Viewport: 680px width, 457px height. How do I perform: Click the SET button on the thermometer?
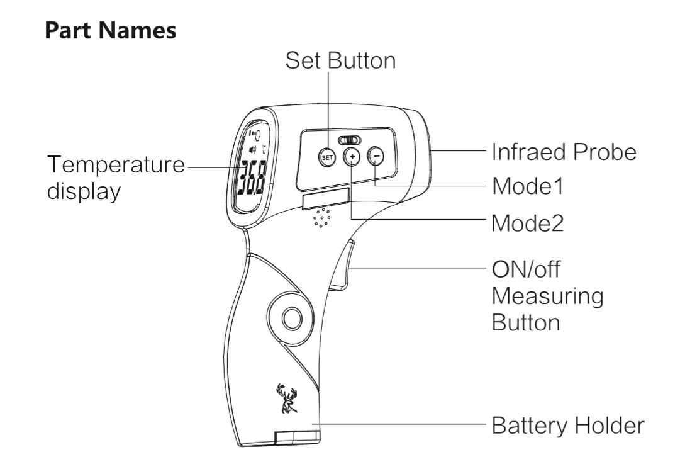pos(327,157)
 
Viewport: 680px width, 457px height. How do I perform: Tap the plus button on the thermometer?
pos(352,156)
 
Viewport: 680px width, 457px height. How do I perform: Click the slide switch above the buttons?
pos(350,140)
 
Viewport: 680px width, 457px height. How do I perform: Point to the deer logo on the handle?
pos(286,398)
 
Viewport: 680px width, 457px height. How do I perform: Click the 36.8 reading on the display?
pos(249,179)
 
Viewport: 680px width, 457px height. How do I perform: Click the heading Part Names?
pos(111,30)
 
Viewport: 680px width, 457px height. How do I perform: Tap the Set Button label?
pos(340,60)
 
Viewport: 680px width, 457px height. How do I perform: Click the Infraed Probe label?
pos(564,152)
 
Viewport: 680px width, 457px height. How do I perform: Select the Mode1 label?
pos(528,186)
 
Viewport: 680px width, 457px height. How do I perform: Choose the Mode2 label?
pos(528,223)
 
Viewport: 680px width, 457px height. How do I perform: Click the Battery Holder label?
pos(568,426)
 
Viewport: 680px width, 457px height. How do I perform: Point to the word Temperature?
pos(116,165)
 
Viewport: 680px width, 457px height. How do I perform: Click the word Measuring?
pos(548,297)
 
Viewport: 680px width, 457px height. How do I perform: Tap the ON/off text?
pos(526,269)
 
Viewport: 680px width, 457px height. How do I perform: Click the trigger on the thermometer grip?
pos(342,265)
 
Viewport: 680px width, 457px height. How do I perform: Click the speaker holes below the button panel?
pos(322,217)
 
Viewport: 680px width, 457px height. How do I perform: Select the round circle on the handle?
pos(292,319)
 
